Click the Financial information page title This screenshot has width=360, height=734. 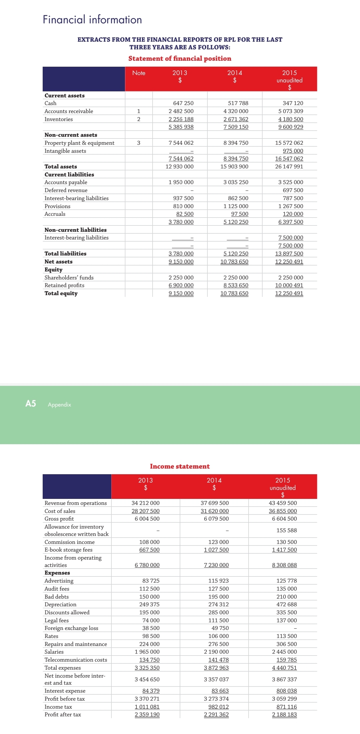click(92, 20)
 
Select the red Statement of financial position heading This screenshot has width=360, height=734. click(180, 58)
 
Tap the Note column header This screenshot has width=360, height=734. click(139, 73)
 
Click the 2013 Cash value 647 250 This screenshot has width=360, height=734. click(183, 103)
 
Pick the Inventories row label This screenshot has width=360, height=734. click(59, 119)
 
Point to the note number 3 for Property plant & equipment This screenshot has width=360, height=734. click(139, 143)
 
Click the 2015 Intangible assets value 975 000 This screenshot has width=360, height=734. click(293, 151)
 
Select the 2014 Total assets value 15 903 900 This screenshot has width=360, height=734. click(234, 167)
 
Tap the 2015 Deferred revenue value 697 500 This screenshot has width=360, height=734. click(293, 190)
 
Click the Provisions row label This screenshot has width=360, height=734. click(57, 206)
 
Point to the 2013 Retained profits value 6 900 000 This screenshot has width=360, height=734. click(181, 285)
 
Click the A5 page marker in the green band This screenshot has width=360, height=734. click(31, 404)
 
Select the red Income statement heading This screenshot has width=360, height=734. click(180, 467)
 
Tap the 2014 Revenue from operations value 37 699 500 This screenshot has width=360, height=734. click(215, 503)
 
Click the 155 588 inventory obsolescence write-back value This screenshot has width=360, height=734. click(286, 531)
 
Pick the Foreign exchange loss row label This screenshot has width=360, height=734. click(71, 628)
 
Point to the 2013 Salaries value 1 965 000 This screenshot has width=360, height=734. click(147, 652)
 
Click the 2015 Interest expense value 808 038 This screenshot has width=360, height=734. click(286, 691)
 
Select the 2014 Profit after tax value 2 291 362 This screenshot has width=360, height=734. click(216, 715)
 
